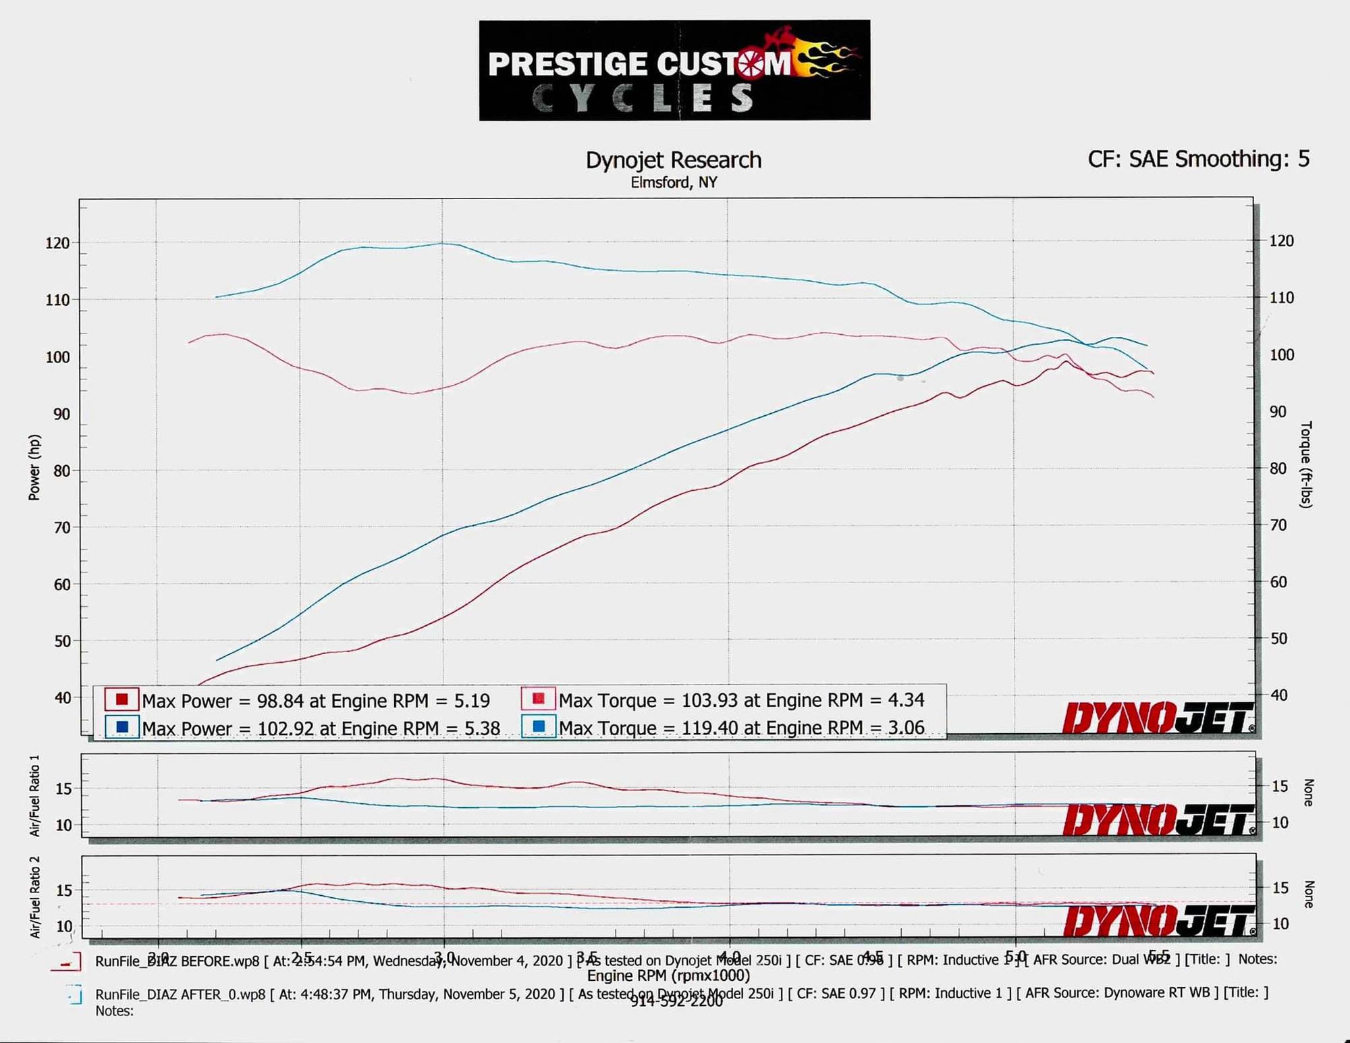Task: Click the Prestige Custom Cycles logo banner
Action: coord(674,70)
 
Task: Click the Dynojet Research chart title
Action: coord(673,160)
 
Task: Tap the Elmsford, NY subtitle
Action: coord(674,183)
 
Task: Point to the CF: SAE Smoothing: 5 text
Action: coord(1198,159)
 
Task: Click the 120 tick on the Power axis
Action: coord(57,243)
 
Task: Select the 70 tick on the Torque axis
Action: coord(1278,525)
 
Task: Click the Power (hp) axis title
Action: coord(34,467)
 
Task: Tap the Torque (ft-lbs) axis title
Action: coord(1306,464)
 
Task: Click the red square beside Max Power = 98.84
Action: coord(122,699)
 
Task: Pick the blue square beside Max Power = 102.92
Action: coord(122,728)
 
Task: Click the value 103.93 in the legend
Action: coord(709,701)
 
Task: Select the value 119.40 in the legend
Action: coord(709,728)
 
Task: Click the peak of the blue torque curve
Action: coord(442,243)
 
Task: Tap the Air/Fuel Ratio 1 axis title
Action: coord(34,795)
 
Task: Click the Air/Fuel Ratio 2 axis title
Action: coord(34,897)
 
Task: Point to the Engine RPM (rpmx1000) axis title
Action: coord(668,975)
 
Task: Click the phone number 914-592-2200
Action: coord(676,1002)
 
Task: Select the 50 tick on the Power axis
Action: coord(62,641)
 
